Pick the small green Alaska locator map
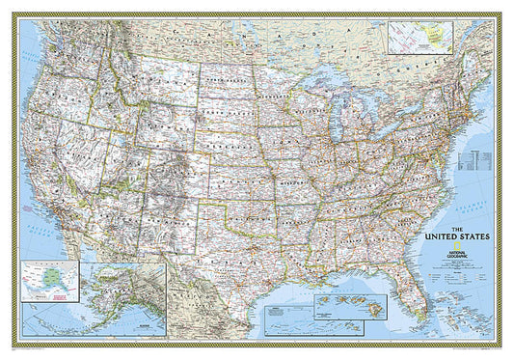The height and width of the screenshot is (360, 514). click(x=45, y=279)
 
